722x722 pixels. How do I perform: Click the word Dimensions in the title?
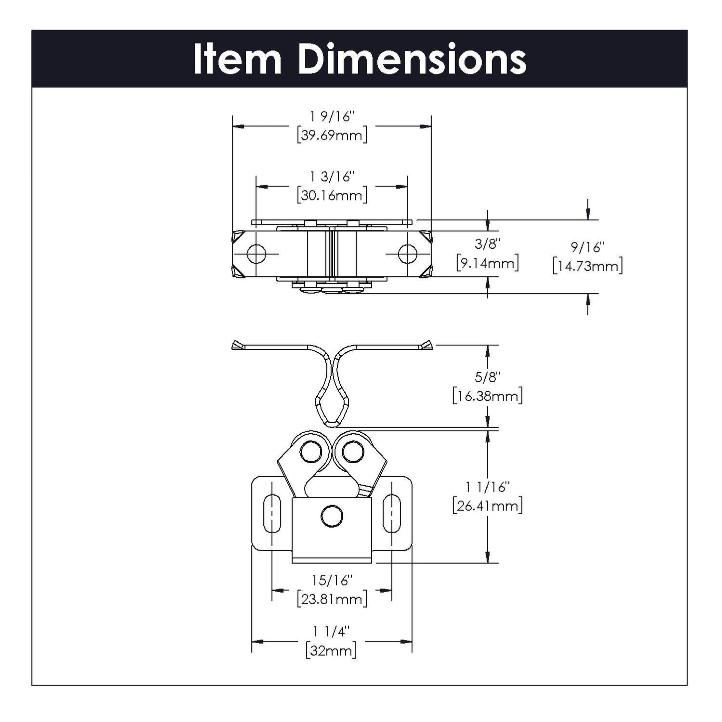point(412,59)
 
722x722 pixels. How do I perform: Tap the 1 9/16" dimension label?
point(332,117)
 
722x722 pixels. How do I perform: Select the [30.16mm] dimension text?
point(332,195)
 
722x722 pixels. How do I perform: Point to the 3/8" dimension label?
point(488,244)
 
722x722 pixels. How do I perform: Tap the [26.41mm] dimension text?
point(488,506)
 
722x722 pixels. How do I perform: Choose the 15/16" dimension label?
point(332,580)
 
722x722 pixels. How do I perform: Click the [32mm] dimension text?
point(332,650)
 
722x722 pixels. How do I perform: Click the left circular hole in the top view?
point(257,254)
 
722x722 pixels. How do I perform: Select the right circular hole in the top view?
point(407,254)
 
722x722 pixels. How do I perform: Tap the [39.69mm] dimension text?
point(332,135)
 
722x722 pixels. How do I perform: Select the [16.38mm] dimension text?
point(488,396)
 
